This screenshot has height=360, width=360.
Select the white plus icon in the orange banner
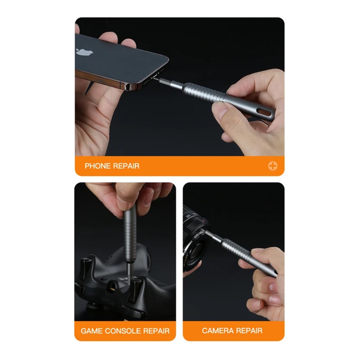click(272, 166)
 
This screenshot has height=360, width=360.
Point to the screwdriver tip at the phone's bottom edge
click(154, 78)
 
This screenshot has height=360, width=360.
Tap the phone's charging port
click(155, 75)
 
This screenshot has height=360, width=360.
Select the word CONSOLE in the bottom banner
click(123, 331)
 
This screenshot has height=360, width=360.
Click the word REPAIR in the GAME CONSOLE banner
click(156, 331)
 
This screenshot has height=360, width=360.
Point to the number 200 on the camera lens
click(188, 216)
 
